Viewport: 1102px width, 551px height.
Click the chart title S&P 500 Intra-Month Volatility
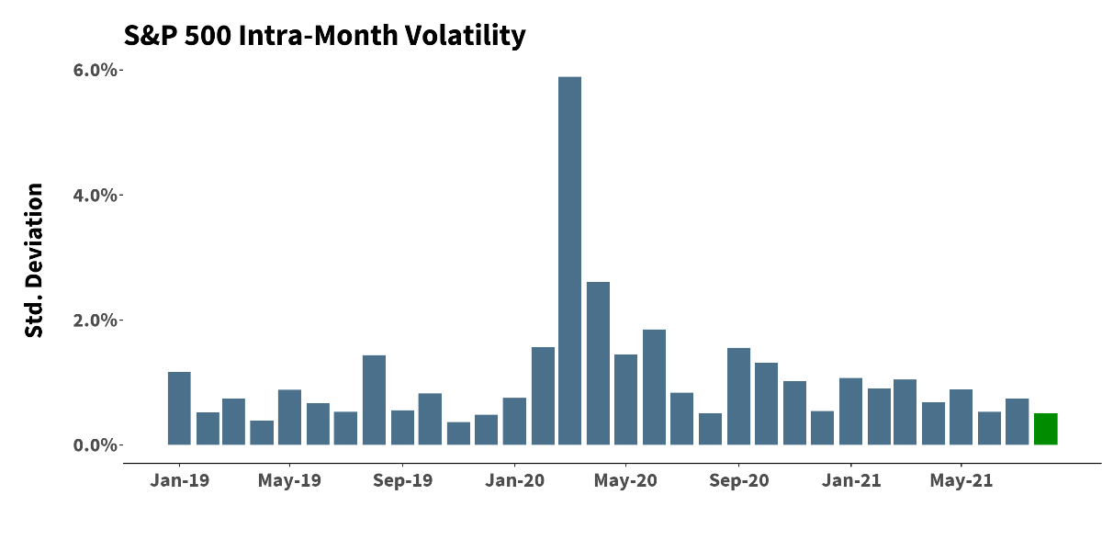pos(324,36)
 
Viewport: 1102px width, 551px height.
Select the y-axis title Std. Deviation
pos(34,261)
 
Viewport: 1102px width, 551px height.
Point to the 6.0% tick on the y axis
pos(96,71)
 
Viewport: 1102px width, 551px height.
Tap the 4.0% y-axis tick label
pos(96,196)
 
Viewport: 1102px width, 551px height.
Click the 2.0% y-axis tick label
pos(96,320)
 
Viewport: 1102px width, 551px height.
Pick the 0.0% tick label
pos(96,445)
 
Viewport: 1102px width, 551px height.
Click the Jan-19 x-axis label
pos(179,480)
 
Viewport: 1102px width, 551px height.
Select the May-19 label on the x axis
pos(289,480)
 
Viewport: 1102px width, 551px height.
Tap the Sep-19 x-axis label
pos(402,480)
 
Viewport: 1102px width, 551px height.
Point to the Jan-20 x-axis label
pos(514,480)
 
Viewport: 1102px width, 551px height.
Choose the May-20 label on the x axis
pos(624,480)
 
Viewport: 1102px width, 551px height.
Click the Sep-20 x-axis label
pos(738,480)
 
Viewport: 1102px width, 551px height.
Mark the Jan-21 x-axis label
pos(850,480)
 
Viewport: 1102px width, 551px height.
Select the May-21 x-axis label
pos(961,480)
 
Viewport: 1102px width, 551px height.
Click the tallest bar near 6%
pos(570,261)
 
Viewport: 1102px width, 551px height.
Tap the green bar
pos(1045,429)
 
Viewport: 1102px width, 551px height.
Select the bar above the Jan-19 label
pos(179,409)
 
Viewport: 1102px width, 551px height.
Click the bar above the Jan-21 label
pos(850,411)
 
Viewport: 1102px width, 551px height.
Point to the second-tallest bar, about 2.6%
pos(598,364)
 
